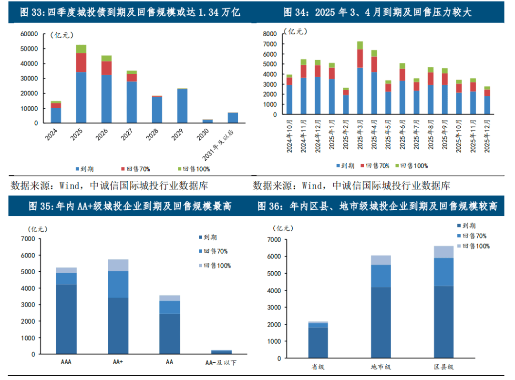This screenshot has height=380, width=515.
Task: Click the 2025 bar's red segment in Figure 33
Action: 81,62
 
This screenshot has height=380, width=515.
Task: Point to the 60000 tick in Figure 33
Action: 29,34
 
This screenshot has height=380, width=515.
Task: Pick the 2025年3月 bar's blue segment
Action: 360,91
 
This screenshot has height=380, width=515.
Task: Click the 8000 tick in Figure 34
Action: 269,34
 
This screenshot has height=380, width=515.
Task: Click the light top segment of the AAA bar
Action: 66,270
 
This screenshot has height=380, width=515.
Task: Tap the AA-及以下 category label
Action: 220,363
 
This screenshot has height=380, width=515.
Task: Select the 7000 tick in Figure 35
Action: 28,238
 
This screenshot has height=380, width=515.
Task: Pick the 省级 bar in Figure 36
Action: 318,340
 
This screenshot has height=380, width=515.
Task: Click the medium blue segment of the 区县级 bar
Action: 443,272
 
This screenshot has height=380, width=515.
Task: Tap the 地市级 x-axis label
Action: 381,367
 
